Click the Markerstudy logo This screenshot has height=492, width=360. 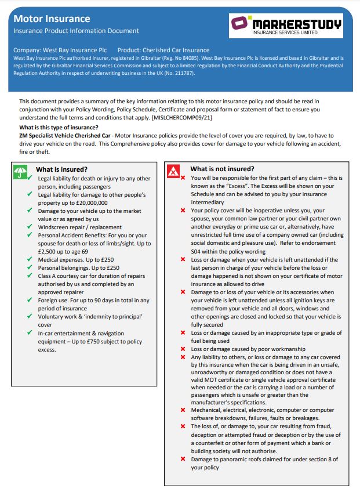coord(286,26)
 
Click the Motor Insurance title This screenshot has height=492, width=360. coord(52,19)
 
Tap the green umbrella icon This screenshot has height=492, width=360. coord(21,172)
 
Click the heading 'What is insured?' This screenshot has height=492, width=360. coord(62,169)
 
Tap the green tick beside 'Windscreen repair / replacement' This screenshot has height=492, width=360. coord(29,227)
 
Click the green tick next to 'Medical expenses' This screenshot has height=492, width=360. coord(29,260)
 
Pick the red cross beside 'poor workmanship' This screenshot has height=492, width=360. coord(183,349)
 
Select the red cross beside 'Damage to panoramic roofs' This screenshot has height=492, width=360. coord(183,459)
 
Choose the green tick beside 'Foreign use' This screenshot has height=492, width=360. coord(29,301)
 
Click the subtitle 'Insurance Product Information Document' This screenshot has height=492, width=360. coord(76,31)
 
